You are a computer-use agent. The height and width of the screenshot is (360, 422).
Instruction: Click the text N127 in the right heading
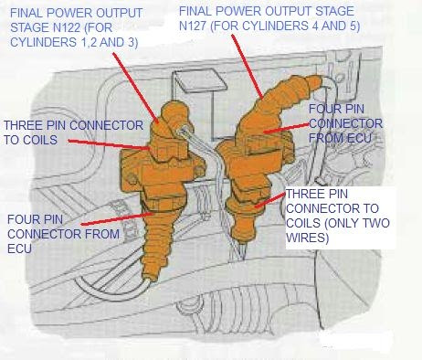point(193,26)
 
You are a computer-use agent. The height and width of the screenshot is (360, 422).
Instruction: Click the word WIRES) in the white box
point(308,238)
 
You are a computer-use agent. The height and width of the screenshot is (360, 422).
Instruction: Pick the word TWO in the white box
point(376,223)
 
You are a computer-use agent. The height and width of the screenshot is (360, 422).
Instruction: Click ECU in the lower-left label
point(19,249)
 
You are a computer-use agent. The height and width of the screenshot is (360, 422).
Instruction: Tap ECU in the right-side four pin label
point(359,138)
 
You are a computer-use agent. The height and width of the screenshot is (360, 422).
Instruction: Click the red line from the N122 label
point(136,88)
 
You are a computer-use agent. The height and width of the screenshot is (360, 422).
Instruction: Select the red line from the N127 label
point(247,67)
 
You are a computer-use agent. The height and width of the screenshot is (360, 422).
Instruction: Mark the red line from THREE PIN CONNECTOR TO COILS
point(109,144)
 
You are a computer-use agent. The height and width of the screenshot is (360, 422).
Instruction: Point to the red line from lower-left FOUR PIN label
point(117,219)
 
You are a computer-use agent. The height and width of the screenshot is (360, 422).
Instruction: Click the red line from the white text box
point(269,199)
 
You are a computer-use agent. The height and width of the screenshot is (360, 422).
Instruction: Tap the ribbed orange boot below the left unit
point(155,245)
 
